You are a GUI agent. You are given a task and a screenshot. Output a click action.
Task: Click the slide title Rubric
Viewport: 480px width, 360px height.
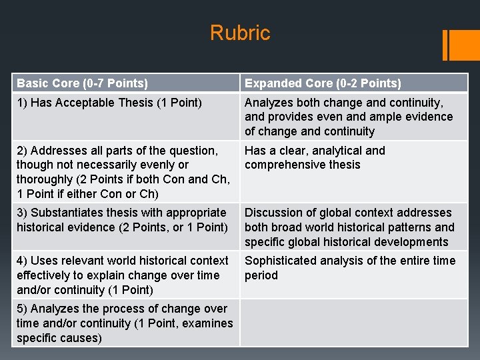click(240, 33)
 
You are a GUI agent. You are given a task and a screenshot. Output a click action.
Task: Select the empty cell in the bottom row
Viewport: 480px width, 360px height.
click(353, 323)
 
